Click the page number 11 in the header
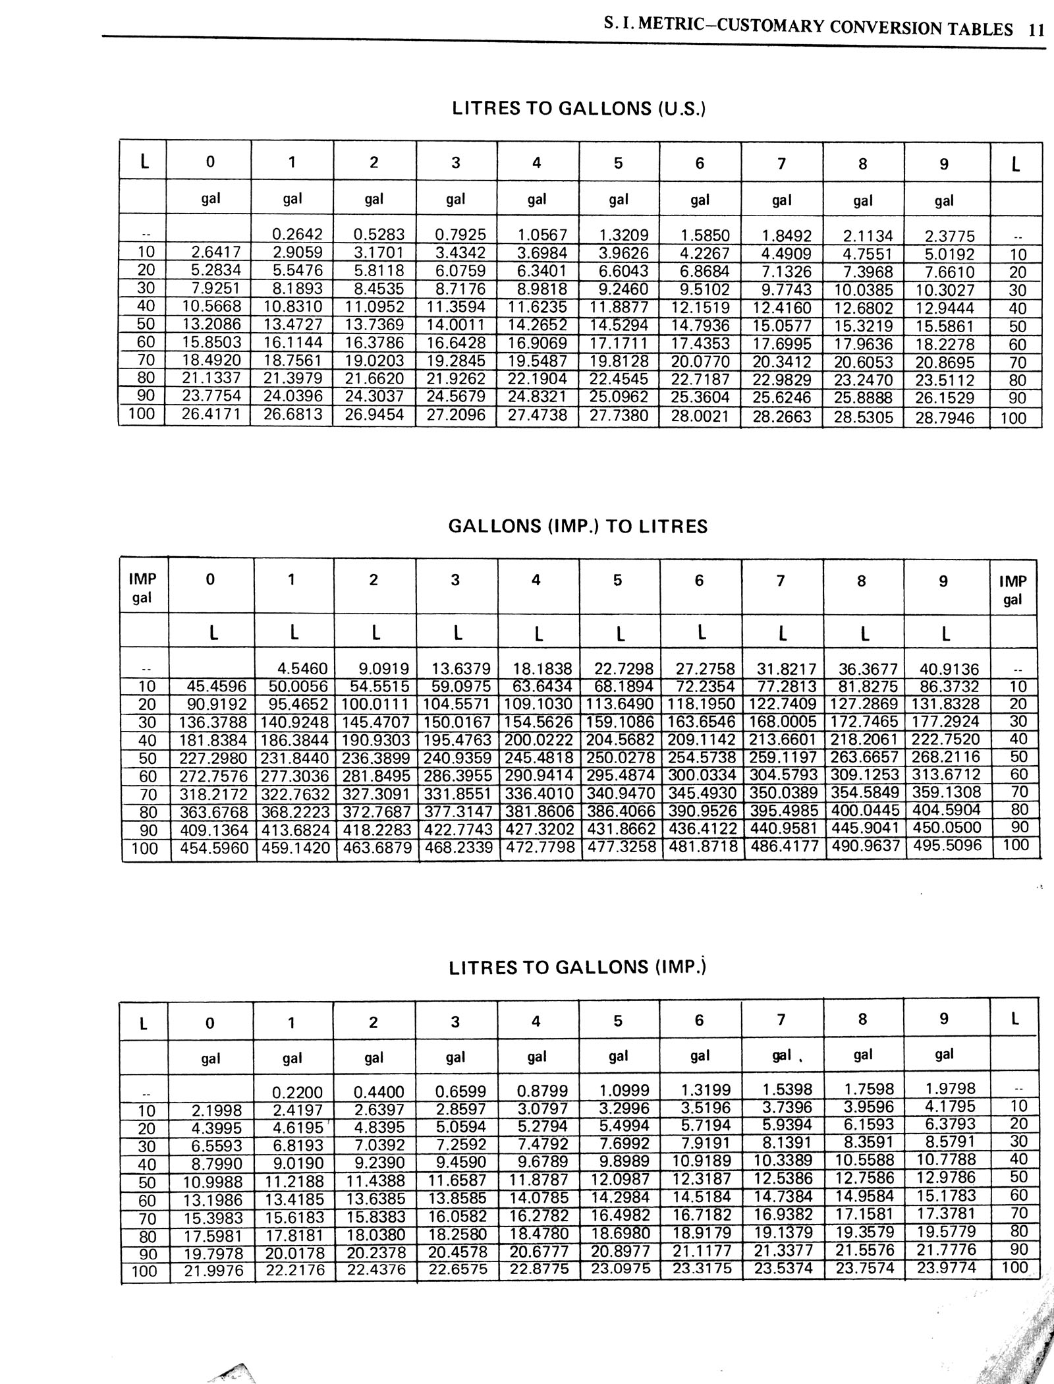1036,30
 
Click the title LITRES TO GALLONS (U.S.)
578,109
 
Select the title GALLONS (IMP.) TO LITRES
578,527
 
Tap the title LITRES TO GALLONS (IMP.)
578,967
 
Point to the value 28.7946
945,418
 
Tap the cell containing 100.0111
375,704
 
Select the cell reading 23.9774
947,1267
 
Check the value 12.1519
700,307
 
